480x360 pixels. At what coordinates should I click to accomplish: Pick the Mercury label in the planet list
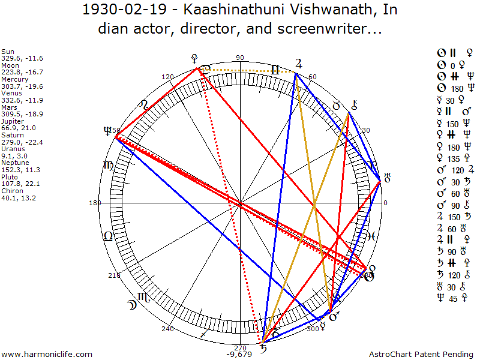(13, 79)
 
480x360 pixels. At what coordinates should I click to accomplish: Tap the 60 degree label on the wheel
(313, 77)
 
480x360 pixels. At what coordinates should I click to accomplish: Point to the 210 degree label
(113, 275)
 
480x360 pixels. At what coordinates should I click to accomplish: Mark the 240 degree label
(167, 329)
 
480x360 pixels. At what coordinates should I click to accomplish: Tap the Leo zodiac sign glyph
(108, 236)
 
